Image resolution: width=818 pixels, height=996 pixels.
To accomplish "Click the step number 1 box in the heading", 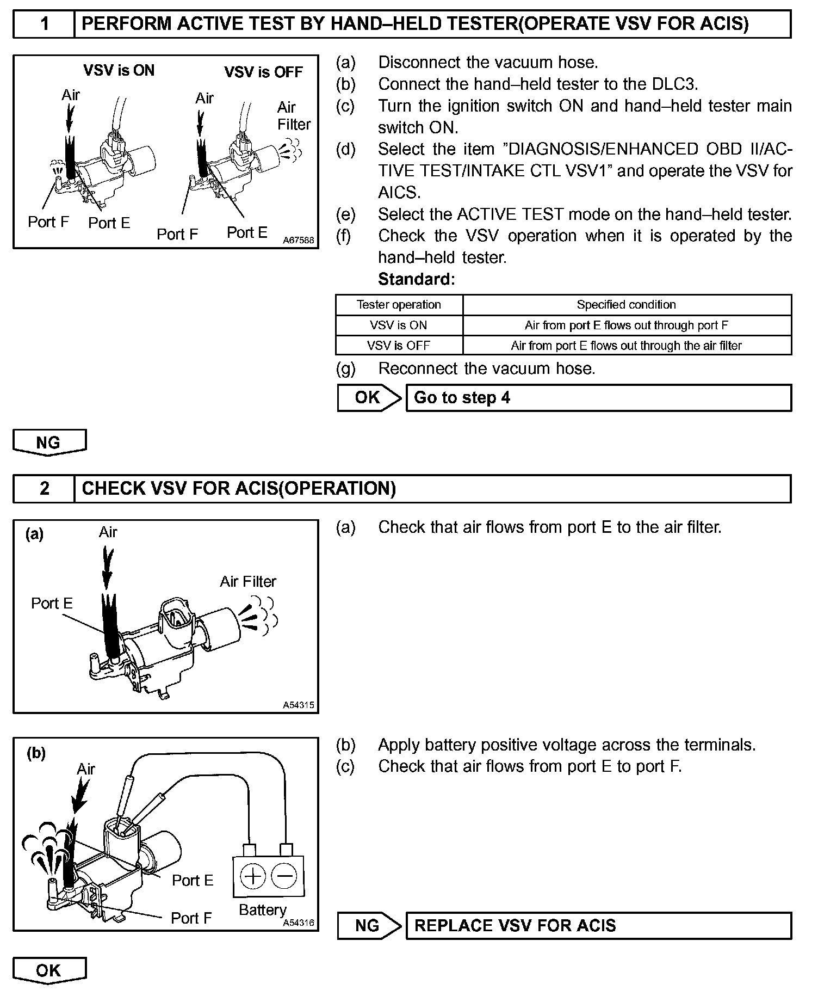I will click(x=44, y=24).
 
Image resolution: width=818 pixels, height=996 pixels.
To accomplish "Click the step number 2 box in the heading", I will click(x=44, y=488).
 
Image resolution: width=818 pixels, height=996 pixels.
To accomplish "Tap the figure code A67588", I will click(x=299, y=240).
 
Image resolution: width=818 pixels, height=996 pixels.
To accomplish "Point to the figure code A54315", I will click(x=299, y=705).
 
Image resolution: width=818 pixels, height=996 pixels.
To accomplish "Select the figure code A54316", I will click(x=299, y=923).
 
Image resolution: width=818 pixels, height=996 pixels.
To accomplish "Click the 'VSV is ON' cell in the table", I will click(x=399, y=325).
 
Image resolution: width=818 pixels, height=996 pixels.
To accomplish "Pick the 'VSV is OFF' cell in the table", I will click(x=399, y=346).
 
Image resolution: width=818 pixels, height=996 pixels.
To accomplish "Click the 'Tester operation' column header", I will click(x=399, y=305).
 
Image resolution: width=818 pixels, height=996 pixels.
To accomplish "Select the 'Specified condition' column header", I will click(x=627, y=305).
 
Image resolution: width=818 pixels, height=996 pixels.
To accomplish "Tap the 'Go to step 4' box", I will click(x=598, y=398).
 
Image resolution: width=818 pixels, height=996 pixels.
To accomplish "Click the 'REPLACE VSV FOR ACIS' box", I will click(x=598, y=926).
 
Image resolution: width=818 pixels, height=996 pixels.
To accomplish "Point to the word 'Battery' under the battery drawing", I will click(x=263, y=909).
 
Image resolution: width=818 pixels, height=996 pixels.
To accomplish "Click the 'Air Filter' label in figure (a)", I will click(x=248, y=582).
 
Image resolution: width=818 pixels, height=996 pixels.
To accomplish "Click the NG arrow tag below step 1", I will click(x=49, y=442).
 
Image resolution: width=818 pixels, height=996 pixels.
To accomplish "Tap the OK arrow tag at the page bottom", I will click(x=49, y=970).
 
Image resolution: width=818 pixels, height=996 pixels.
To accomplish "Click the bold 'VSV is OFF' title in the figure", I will click(x=263, y=72).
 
